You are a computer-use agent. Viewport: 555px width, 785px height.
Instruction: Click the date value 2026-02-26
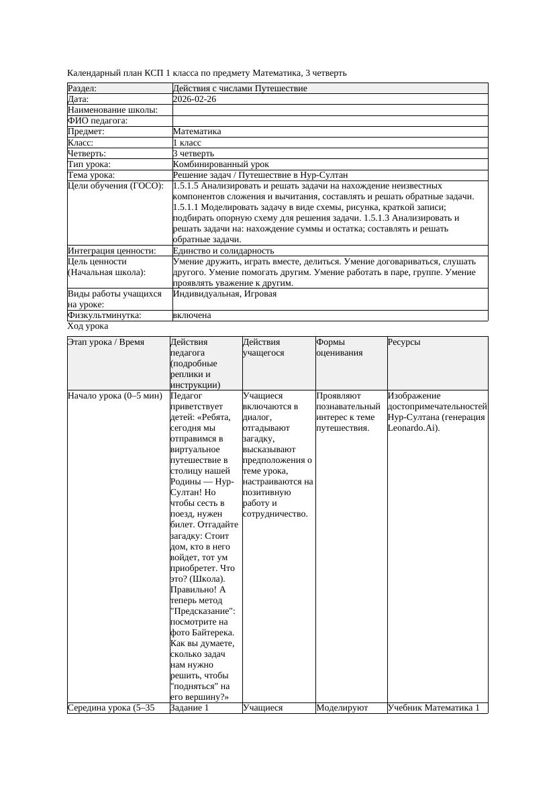pos(195,99)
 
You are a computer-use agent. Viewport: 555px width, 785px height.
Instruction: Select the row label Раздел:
pos(83,89)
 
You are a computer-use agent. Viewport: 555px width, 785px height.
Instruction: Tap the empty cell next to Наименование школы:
pos(330,110)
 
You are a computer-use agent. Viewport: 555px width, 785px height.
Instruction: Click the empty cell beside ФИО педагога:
pos(330,121)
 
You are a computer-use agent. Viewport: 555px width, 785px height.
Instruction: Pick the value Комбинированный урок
pos(221,164)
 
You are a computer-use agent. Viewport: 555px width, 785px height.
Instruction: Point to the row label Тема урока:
pos(91,175)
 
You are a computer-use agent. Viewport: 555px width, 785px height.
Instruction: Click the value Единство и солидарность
pos(223,251)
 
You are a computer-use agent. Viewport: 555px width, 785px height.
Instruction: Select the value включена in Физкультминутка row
pos(192,315)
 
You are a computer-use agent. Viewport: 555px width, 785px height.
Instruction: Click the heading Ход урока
pos(88,326)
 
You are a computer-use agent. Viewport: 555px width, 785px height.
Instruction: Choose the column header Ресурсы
pos(404,342)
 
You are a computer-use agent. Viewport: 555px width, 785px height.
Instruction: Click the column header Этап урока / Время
pos(106,342)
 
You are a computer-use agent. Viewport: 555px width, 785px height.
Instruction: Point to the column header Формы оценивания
pos(340,347)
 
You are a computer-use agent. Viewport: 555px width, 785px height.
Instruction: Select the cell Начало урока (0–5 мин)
pos(115,396)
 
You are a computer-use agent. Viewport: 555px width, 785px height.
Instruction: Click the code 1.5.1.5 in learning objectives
pos(188,186)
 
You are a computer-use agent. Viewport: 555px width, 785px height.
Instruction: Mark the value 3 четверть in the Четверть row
pos(194,154)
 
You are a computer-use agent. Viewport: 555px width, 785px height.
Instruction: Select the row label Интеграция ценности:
pos(111,251)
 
